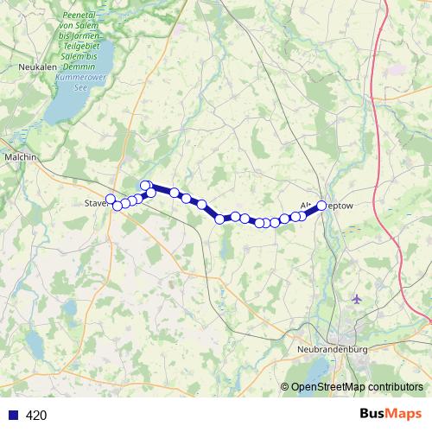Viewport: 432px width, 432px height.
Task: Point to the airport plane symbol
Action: coord(358,299)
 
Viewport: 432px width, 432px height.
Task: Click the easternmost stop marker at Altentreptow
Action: coord(321,206)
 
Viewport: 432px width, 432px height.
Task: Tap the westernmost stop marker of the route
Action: coord(110,199)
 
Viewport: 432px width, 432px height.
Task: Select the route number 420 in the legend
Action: coord(36,416)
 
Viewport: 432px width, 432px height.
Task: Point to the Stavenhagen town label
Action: coord(96,204)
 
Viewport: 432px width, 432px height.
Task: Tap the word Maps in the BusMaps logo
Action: coord(405,415)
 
